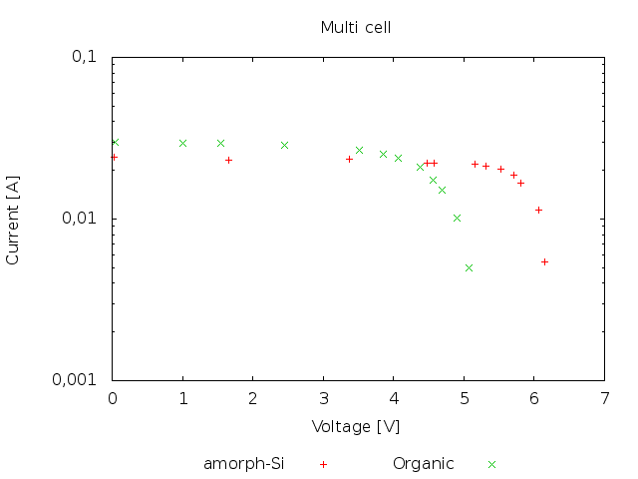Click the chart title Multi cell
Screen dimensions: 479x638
tap(355, 27)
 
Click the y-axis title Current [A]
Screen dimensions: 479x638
tap(13, 218)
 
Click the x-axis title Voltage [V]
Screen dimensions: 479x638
tap(356, 426)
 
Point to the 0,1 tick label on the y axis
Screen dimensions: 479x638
tap(88, 57)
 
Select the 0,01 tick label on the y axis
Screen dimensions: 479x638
tap(84, 219)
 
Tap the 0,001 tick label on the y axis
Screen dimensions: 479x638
tap(80, 380)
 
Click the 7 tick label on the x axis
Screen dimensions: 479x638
tap(604, 399)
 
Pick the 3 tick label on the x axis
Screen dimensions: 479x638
tap(323, 399)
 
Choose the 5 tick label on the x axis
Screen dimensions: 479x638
tap(464, 399)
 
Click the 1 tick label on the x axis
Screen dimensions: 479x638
tap(182, 399)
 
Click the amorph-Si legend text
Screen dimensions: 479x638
tap(244, 463)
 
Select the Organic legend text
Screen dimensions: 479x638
tap(423, 463)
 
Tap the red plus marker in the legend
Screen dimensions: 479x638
tap(323, 464)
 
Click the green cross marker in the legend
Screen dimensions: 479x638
tap(491, 464)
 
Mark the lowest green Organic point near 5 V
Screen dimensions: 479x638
tap(469, 267)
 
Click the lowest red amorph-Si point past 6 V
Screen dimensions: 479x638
tap(544, 261)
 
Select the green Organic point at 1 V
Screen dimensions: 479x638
tap(182, 143)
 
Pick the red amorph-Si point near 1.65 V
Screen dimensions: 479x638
tap(228, 160)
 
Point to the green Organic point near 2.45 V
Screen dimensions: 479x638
tap(284, 145)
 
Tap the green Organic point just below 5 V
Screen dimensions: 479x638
tap(457, 218)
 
